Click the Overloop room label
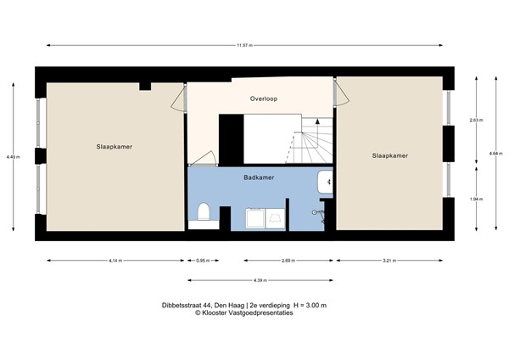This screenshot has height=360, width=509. [x=263, y=99]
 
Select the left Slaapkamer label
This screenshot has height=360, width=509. [x=114, y=146]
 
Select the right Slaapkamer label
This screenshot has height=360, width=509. [x=389, y=155]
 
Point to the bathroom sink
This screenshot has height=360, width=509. [x=326, y=182]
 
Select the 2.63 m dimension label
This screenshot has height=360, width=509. [x=476, y=120]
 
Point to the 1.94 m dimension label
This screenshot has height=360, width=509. [x=476, y=200]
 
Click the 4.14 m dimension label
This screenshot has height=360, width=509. [x=115, y=260]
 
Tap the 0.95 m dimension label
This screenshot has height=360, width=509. [x=202, y=260]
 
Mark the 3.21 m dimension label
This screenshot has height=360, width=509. [x=389, y=260]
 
